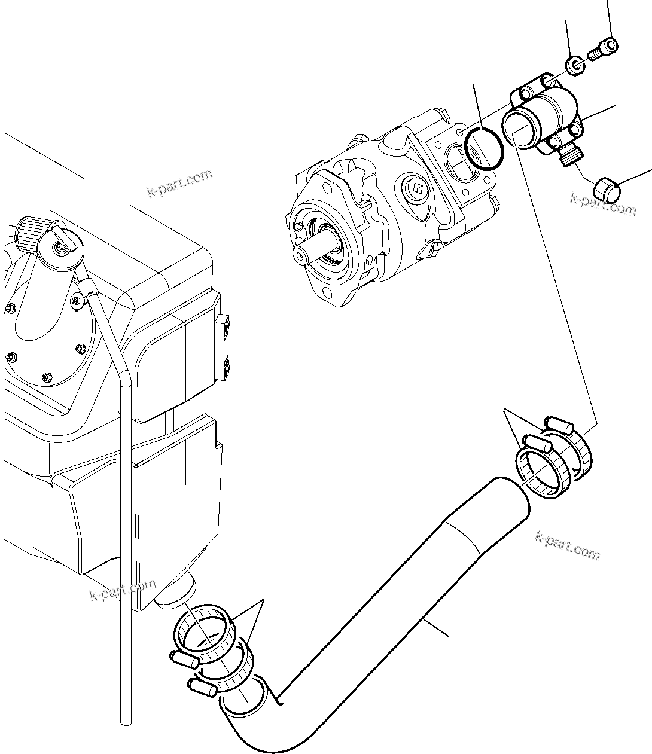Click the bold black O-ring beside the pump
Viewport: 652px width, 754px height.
pyautogui.click(x=485, y=149)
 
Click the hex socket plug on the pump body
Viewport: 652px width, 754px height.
pyautogui.click(x=418, y=190)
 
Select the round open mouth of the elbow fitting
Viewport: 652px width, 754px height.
pyautogui.click(x=518, y=126)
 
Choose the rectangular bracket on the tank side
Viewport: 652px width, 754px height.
pyautogui.click(x=226, y=346)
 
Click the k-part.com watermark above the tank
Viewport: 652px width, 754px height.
pyautogui.click(x=179, y=184)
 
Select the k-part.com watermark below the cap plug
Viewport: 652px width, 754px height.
pyautogui.click(x=603, y=204)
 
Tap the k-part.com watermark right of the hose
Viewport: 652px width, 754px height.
pyautogui.click(x=567, y=545)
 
